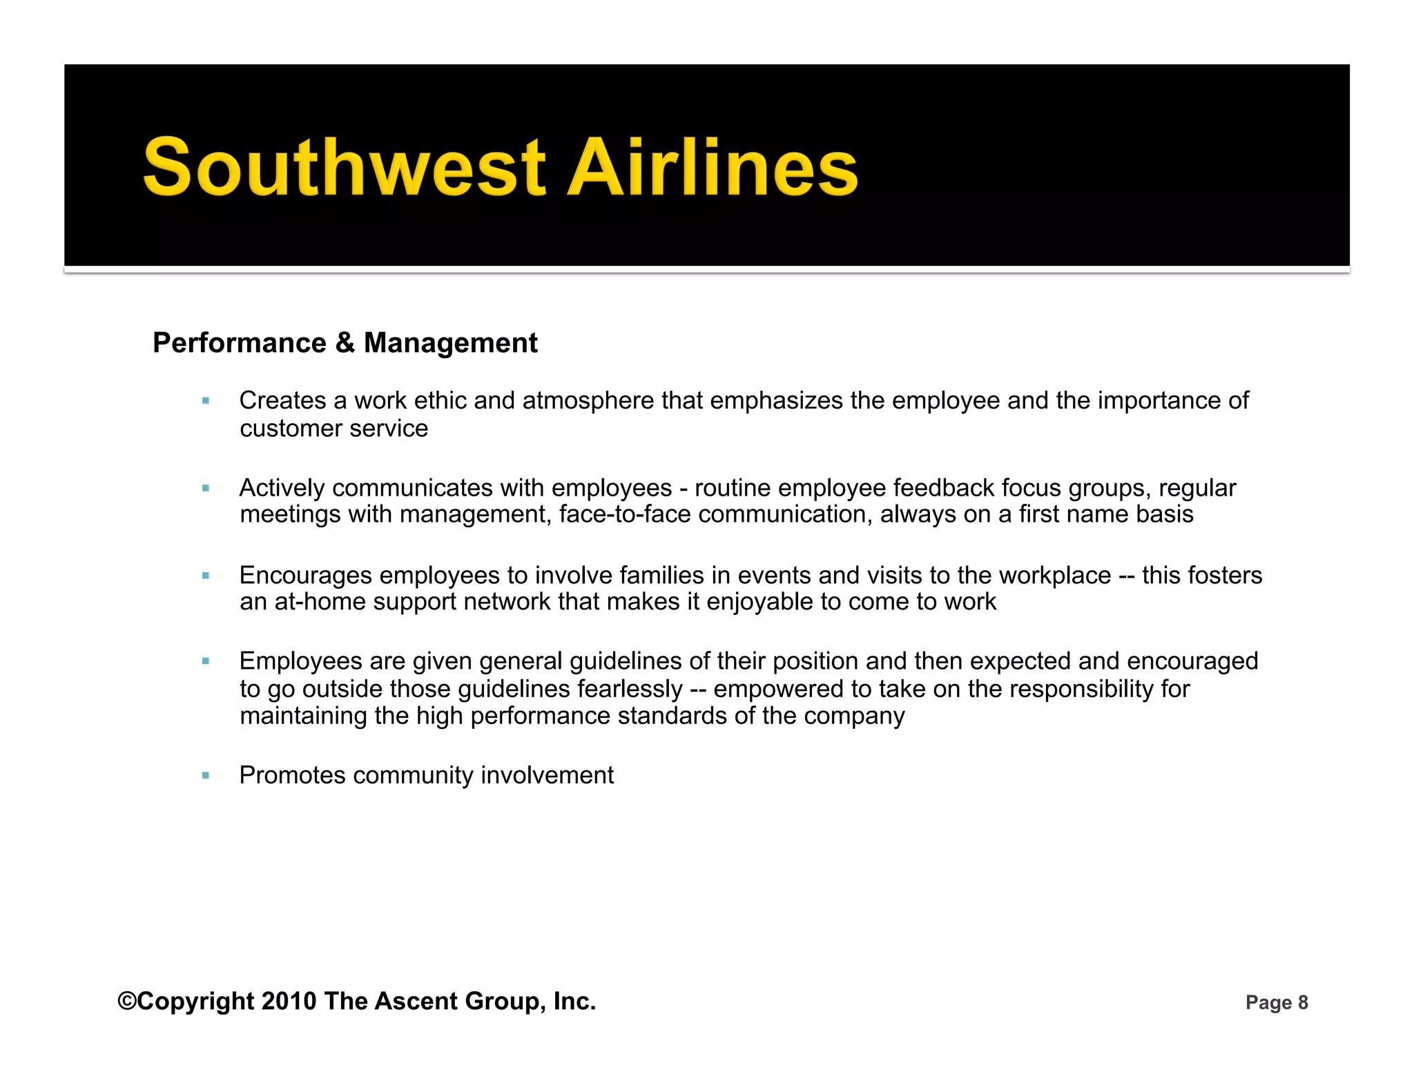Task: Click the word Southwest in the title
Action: [345, 168]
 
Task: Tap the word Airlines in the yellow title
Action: [712, 168]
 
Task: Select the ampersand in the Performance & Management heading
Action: [345, 343]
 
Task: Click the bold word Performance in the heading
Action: [240, 343]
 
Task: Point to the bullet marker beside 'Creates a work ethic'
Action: [205, 400]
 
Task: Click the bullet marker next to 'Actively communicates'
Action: [205, 488]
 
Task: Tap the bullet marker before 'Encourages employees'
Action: [205, 575]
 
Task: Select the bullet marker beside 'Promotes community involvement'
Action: [205, 775]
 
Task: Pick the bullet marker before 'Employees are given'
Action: [205, 661]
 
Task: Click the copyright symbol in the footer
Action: [127, 1001]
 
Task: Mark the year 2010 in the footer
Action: [289, 1001]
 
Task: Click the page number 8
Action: [1303, 1003]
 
